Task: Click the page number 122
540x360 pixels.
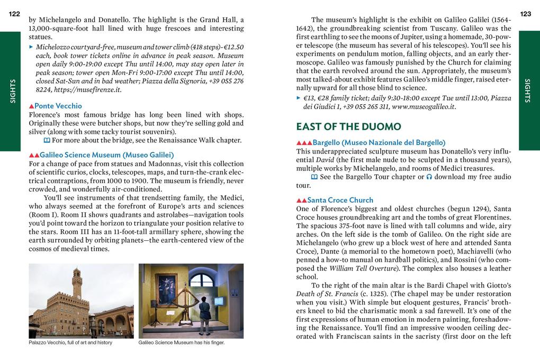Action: [x=14, y=14]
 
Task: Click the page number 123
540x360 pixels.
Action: [x=525, y=14]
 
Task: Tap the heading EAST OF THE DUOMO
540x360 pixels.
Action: [x=348, y=127]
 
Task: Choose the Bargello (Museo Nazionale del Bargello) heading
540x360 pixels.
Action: [x=379, y=142]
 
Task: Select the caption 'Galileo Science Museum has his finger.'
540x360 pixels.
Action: [x=181, y=343]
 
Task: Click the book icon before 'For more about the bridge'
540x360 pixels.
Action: [x=47, y=140]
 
